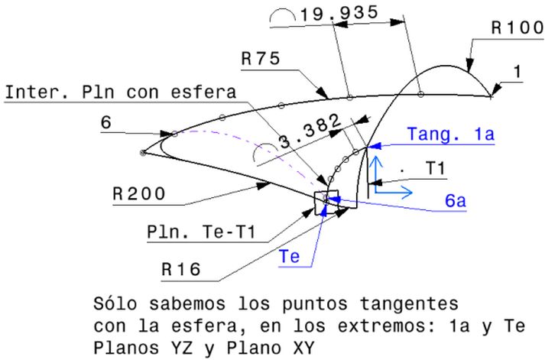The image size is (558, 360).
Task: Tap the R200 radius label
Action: pyautogui.click(x=138, y=194)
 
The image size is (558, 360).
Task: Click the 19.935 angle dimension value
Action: pyautogui.click(x=334, y=15)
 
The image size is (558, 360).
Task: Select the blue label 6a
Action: pyautogui.click(x=456, y=200)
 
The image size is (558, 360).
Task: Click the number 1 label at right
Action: pyautogui.click(x=517, y=72)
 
